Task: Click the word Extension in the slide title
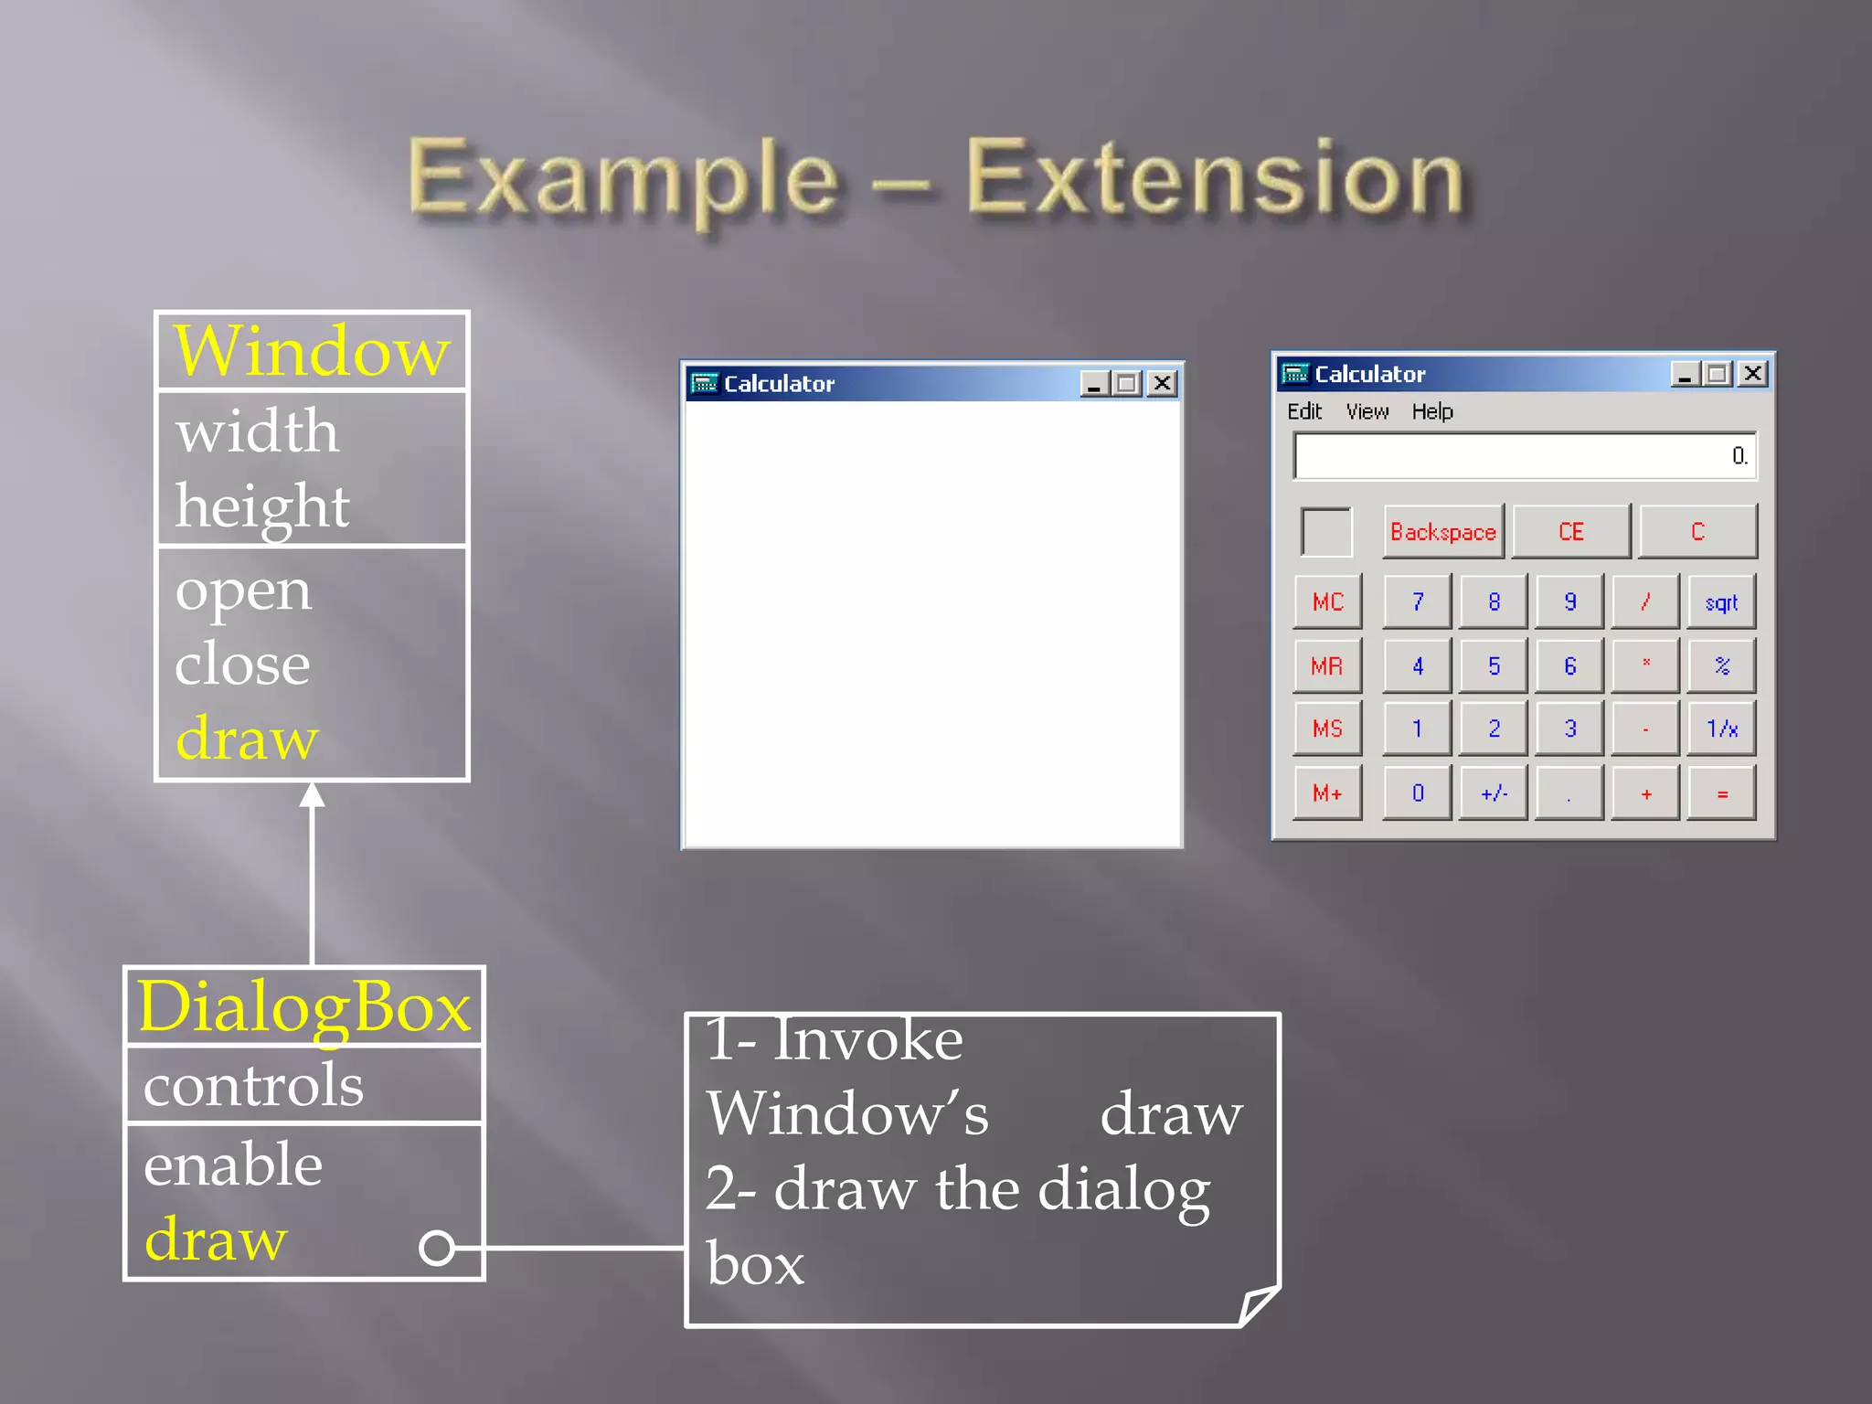click(1216, 178)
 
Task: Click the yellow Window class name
click(312, 351)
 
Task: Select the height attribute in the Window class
click(262, 506)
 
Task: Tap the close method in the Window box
click(242, 664)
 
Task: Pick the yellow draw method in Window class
click(247, 739)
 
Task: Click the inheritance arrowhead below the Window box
click(313, 795)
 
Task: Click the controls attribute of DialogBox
click(253, 1086)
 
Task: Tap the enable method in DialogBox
click(233, 1165)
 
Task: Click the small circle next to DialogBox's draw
click(437, 1247)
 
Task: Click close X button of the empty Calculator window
click(1162, 383)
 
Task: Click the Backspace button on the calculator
click(1442, 532)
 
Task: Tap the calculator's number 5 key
click(1494, 665)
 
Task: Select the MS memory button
click(1327, 729)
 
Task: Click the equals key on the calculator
click(1722, 793)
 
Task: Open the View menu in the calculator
click(1367, 411)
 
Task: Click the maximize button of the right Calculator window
click(1718, 374)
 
